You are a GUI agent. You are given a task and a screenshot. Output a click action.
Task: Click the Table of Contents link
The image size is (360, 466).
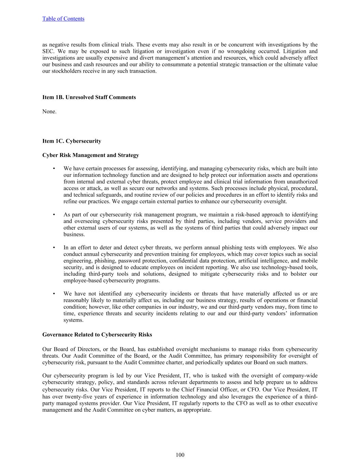point(63,19)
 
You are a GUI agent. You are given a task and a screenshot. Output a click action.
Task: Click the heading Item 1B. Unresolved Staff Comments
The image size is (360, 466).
point(89,97)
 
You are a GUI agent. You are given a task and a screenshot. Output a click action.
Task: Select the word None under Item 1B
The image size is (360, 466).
point(49,112)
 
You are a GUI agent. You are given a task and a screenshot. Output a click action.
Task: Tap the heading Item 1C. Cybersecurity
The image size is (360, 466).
point(72,141)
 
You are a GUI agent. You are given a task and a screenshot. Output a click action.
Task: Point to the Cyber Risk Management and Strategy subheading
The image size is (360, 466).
point(90,155)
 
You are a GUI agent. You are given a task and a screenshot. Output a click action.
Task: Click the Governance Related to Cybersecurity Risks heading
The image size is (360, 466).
point(97,335)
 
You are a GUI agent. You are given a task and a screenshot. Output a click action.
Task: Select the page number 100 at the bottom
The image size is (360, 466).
point(180,455)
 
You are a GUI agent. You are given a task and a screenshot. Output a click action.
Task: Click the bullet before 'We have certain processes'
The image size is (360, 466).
point(54,169)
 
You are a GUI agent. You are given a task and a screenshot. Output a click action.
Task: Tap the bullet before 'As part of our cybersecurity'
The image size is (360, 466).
point(54,215)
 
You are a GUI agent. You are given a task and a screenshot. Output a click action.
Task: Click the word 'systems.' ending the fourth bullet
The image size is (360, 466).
point(73,320)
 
